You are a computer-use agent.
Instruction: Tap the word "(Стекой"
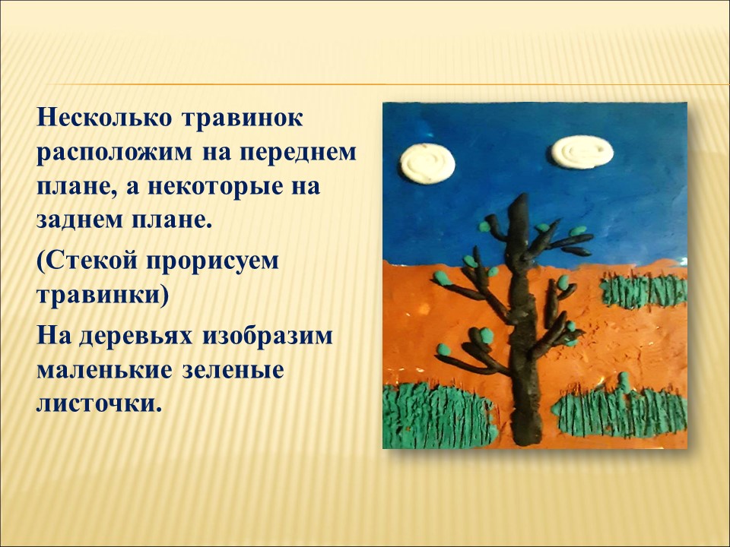[x=87, y=261]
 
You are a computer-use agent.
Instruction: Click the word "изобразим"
[x=267, y=336]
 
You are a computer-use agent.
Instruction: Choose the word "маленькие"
[x=103, y=370]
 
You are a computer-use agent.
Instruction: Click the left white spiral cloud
[x=427, y=163]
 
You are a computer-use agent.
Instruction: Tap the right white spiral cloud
[x=582, y=152]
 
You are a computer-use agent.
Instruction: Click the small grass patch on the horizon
[x=644, y=291]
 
